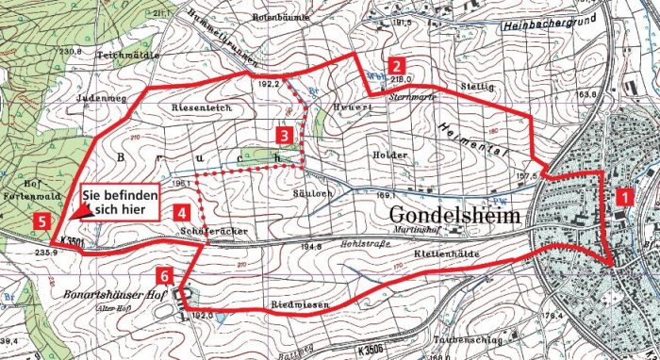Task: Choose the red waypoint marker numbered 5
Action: pos(41,221)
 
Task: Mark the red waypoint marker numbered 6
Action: pos(166,276)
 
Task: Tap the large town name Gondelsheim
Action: pos(456,215)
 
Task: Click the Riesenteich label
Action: pos(196,108)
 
